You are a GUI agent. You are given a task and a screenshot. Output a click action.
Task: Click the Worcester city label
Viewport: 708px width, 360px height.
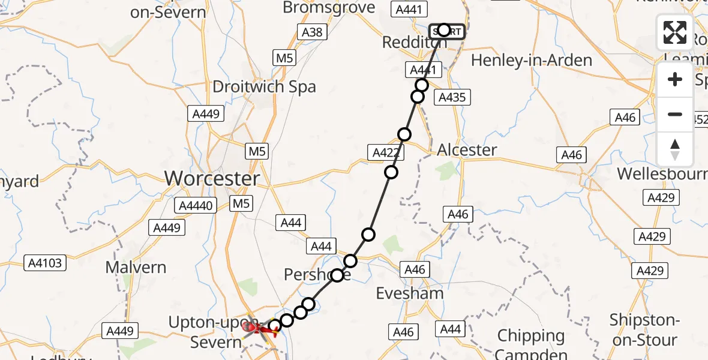pos(212,178)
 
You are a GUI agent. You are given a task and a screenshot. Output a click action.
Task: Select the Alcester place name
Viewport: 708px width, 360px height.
pos(467,149)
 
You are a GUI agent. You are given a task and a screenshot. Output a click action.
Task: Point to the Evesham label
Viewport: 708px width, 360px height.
pos(410,293)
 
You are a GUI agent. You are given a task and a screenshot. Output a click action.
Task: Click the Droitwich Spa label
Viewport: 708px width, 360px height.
pos(264,86)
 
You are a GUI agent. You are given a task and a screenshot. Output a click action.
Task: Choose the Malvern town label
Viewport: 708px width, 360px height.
pos(136,267)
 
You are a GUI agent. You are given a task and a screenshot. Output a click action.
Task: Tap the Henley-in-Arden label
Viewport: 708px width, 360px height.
pos(524,60)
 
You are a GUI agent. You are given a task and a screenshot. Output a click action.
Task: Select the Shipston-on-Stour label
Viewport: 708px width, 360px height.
pos(643,329)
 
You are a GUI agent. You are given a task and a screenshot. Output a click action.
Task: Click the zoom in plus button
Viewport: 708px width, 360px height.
pos(675,79)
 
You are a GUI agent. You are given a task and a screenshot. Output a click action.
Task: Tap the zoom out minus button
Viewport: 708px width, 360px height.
pos(675,114)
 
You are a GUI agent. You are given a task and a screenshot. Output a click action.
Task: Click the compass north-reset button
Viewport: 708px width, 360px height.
pos(675,149)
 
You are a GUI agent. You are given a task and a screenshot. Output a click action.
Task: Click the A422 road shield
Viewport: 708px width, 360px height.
pos(386,152)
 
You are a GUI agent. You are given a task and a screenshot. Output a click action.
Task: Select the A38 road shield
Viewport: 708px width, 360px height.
pos(312,32)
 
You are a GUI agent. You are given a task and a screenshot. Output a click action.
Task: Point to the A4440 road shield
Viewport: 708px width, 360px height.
pos(196,206)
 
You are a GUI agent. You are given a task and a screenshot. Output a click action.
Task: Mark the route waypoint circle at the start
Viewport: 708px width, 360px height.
pos(443,30)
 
